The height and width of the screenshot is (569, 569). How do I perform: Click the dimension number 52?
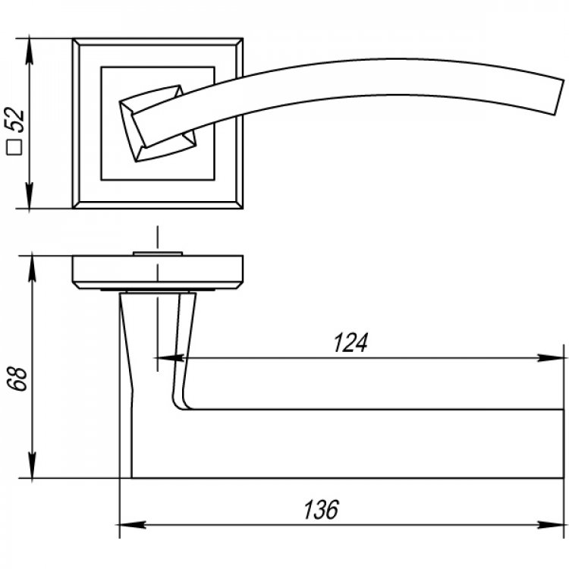click(15, 120)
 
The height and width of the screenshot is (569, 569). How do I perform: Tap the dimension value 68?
click(17, 379)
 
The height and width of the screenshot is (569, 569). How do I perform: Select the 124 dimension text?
click(351, 342)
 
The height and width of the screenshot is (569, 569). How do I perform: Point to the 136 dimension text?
click(321, 509)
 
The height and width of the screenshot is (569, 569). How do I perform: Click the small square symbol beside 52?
click(14, 147)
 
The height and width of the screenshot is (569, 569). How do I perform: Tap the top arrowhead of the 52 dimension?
click(30, 51)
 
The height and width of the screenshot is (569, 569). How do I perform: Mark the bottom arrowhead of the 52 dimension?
click(30, 195)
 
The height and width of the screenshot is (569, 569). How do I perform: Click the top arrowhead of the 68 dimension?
click(33, 269)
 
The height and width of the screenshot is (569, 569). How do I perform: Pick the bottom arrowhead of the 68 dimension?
click(33, 465)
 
